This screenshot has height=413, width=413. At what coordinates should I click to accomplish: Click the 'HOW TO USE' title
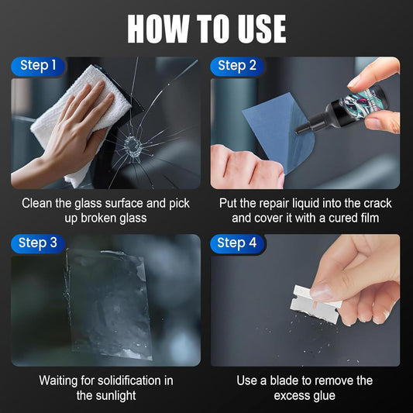click(x=206, y=29)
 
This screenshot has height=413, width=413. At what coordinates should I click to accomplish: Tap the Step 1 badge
click(x=38, y=66)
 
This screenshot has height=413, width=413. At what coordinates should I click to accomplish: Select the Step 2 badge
click(x=237, y=66)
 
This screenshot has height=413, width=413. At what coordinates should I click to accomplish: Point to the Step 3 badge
click(x=38, y=243)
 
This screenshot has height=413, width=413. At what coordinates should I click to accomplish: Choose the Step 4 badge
click(x=237, y=243)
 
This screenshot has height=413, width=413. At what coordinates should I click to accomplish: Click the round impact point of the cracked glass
click(x=133, y=146)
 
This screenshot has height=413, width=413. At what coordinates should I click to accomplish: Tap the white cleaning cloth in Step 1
click(x=81, y=116)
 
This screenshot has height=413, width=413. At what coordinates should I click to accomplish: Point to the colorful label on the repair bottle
click(x=358, y=101)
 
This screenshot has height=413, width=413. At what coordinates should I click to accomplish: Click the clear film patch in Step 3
click(x=108, y=303)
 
